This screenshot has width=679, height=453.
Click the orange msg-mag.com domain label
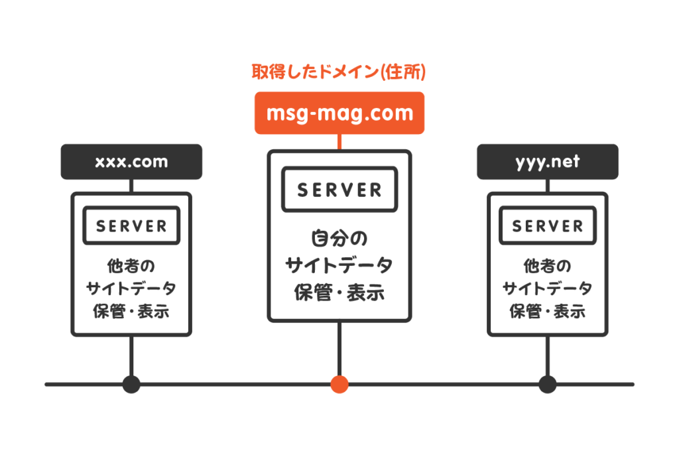coord(339,113)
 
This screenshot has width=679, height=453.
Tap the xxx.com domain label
coord(131,162)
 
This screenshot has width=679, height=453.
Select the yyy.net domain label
coord(548,162)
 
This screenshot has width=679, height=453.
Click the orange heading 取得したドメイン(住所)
coord(339,72)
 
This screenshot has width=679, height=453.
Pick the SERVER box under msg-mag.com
coord(339,190)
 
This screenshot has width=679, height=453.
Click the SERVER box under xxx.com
coord(131,226)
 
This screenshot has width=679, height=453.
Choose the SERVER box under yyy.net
coord(548,226)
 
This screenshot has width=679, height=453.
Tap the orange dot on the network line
coord(339,384)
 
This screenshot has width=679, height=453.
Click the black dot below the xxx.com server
coord(131,384)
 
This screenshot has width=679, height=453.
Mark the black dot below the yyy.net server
coord(548,384)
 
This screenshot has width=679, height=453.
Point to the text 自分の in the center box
coord(339,238)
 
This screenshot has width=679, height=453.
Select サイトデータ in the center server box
coord(339,266)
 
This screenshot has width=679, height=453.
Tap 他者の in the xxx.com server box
coord(131,265)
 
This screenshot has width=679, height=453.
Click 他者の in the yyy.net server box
coord(548,265)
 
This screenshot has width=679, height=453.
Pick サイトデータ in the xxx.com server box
coord(131,289)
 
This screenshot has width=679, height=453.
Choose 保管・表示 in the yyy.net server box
coord(548,310)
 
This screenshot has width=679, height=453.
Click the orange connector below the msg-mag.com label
coord(339,142)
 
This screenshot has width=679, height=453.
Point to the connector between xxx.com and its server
coord(131,186)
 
